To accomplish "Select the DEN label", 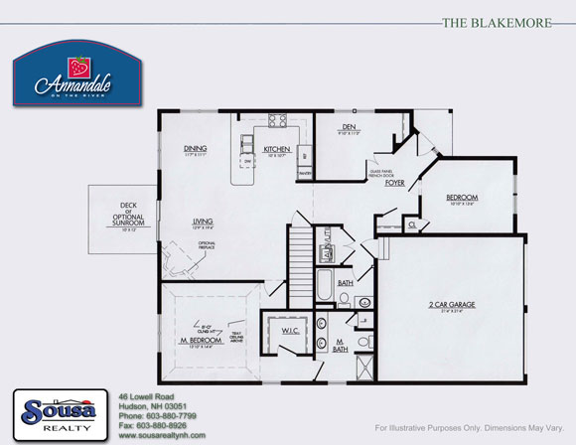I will (349, 126).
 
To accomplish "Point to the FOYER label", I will (394, 183).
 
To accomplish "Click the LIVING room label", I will (204, 222).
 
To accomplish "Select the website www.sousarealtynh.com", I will (161, 435).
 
